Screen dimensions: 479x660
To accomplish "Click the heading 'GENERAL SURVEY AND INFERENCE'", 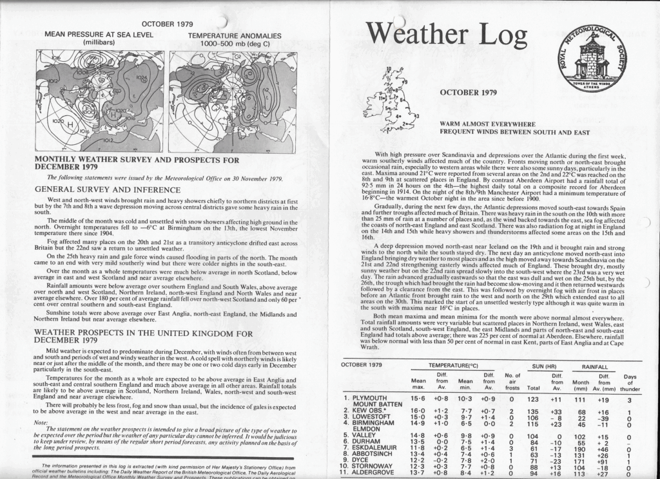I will click(102, 190).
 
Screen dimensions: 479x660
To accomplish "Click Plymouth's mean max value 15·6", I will click(418, 399).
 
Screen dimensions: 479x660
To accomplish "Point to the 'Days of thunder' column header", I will click(630, 384).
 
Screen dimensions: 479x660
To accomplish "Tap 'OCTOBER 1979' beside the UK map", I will click(468, 92).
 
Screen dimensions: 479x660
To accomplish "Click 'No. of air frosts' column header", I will click(513, 384).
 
